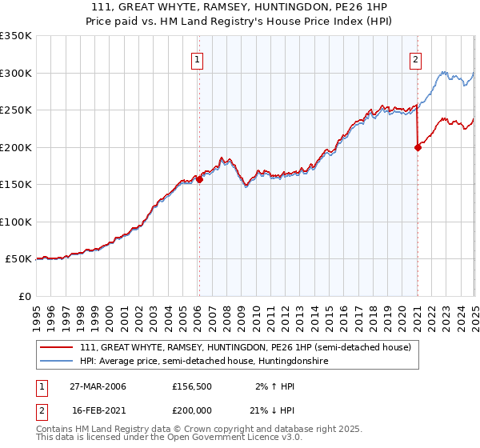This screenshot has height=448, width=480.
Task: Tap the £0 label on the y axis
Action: (x=24, y=296)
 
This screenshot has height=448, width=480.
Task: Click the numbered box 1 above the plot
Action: (x=197, y=58)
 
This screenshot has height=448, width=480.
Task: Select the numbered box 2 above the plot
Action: (x=416, y=58)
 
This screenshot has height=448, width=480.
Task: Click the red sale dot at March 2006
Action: (x=200, y=180)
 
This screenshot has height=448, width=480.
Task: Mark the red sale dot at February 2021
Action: (x=418, y=147)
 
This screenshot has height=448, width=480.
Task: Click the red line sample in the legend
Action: (x=55, y=347)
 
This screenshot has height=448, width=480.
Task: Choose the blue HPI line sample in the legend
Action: (x=55, y=362)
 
